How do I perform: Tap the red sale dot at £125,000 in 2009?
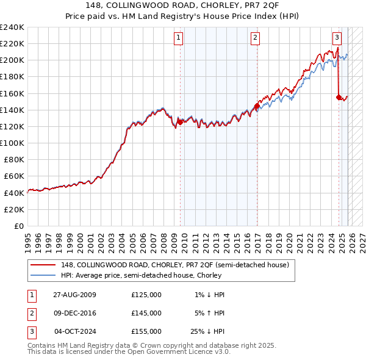(x=180, y=122)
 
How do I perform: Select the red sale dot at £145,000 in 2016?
(x=257, y=106)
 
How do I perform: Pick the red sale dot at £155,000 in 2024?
(x=339, y=97)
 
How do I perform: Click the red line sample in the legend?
(x=43, y=264)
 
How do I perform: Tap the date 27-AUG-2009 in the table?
(x=74, y=295)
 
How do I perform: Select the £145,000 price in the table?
(x=146, y=313)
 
